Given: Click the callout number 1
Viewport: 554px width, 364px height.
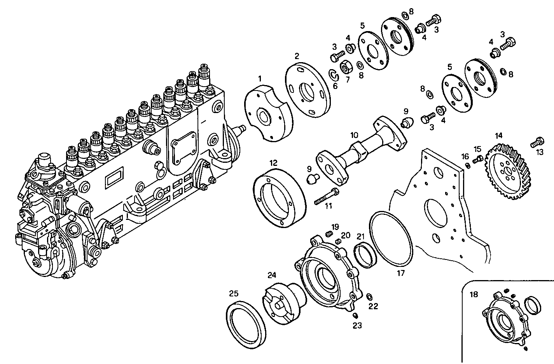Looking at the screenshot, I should tap(260, 78).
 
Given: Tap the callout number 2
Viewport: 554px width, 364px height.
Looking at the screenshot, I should tap(297, 56).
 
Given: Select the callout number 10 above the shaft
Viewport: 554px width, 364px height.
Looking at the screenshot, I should tap(354, 135).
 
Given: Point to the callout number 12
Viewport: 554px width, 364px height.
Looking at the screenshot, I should tap(273, 162).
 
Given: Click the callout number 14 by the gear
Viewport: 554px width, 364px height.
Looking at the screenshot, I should tap(498, 136).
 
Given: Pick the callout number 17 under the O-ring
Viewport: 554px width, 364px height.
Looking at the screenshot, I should tap(401, 273).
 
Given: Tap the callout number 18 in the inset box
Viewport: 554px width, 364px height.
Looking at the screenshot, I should tap(474, 294).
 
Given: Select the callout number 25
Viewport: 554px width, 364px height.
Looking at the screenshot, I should tap(234, 293).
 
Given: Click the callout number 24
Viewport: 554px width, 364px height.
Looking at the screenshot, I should tap(271, 275).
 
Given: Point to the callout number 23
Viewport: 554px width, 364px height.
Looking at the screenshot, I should tap(357, 326).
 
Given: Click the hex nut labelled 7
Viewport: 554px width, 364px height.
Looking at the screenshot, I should tap(346, 68).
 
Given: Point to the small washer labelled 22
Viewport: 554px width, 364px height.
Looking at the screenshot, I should tap(369, 297).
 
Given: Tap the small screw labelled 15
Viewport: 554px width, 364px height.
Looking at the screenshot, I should tap(477, 158).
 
